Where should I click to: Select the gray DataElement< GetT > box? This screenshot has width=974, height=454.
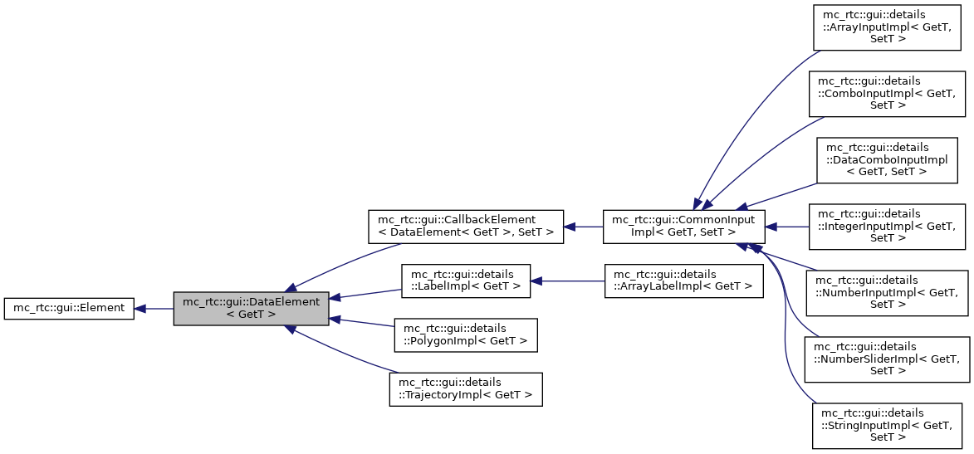pos(251,308)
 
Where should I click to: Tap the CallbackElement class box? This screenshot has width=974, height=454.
pos(466,226)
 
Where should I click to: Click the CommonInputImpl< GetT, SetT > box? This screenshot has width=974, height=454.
pos(683,226)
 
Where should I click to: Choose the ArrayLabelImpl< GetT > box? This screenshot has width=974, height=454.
pos(683,281)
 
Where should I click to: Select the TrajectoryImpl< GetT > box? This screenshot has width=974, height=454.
pos(466,388)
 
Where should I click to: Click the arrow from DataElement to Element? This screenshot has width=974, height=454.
pos(154,308)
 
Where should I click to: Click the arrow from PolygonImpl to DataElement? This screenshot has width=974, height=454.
pos(362,324)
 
